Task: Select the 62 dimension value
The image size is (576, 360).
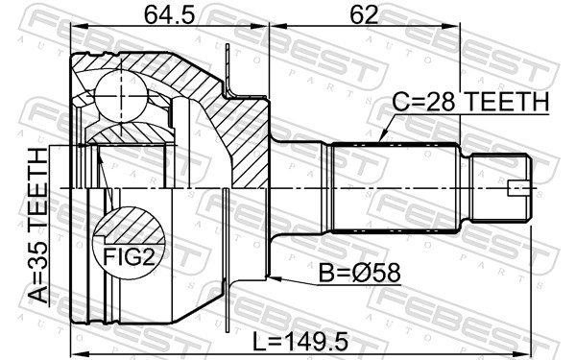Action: tap(364, 16)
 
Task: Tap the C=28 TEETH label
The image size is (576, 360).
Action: tap(470, 103)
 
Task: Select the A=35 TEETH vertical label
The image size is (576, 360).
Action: tap(37, 226)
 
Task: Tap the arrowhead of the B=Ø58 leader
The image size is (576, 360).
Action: tap(273, 279)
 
